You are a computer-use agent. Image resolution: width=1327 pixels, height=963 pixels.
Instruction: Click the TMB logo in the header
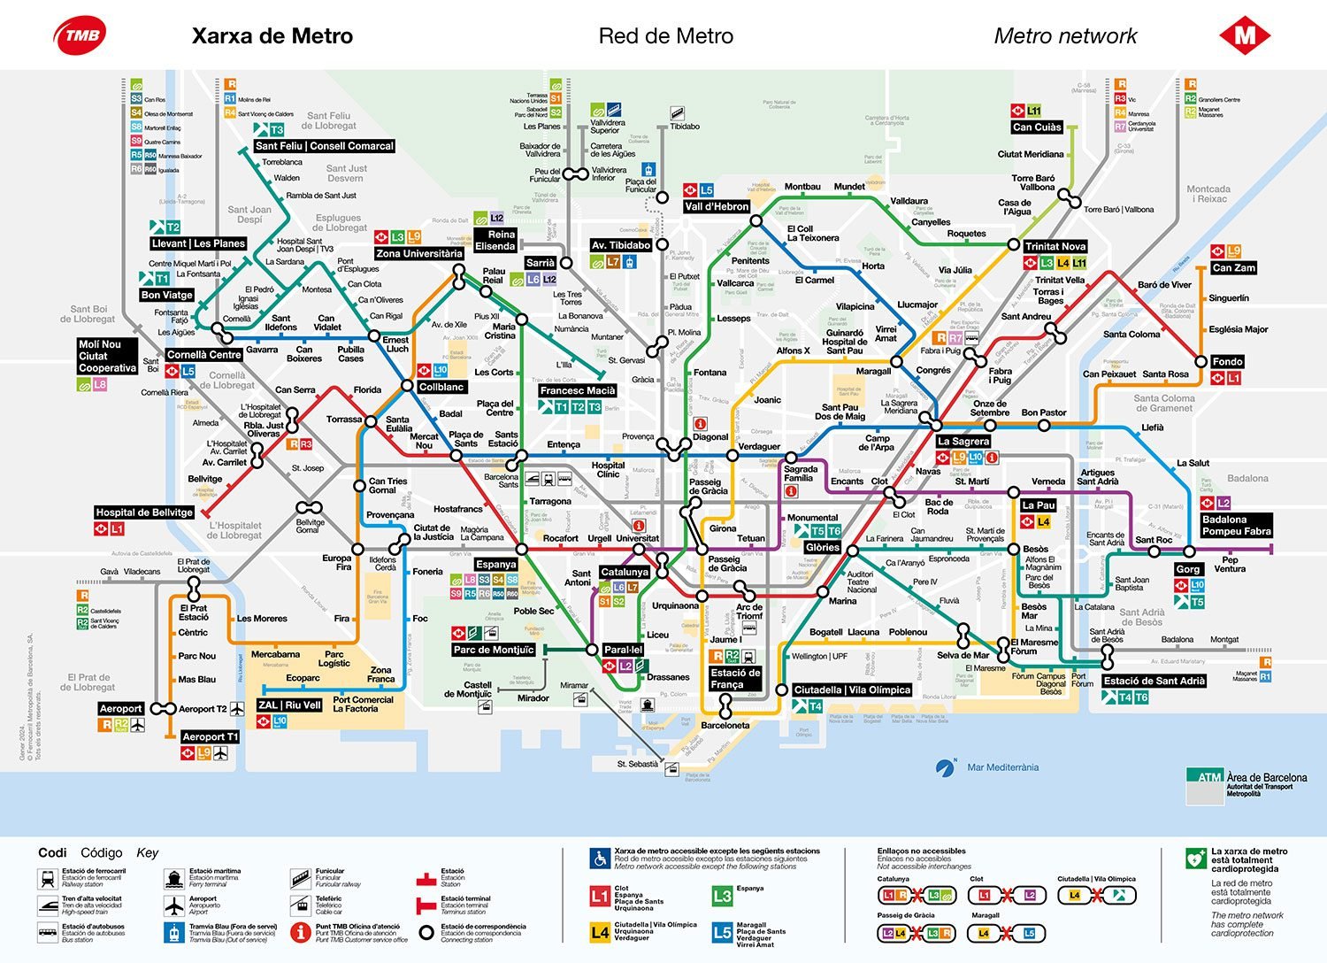coord(81,35)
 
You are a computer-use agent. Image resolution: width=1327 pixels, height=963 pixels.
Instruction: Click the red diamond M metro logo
coord(1245,35)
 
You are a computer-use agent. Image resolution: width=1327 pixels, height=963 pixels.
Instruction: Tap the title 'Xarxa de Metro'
coord(272,36)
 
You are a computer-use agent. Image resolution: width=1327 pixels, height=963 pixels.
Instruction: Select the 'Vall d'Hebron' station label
coord(717,206)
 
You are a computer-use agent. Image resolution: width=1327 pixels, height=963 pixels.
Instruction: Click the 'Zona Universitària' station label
coord(418,253)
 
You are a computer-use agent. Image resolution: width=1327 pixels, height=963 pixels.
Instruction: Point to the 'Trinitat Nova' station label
coord(1055,246)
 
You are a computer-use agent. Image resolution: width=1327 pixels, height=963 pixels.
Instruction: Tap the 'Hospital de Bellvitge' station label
coord(144,512)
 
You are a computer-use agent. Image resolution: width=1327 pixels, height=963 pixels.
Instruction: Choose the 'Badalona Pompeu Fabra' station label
coord(1236,526)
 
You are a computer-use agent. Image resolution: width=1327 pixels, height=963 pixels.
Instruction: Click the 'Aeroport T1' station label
coord(210,736)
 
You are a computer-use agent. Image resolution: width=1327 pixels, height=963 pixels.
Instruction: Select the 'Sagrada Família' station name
coord(800,474)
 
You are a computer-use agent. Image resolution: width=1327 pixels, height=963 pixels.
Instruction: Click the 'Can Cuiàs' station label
coord(1036,127)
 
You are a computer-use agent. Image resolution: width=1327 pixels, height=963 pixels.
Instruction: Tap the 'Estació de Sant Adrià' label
coord(1154,681)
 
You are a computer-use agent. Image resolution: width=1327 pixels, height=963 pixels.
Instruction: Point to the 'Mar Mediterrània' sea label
coord(1002,767)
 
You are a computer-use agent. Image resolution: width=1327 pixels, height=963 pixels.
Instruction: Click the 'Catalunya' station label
coord(625,572)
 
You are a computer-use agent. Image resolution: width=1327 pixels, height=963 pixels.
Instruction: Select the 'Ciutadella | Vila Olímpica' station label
coord(852,690)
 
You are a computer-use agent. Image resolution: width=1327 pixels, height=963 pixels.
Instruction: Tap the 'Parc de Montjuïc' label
coord(494,650)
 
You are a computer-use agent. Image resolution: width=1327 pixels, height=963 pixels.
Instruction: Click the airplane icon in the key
coord(174,905)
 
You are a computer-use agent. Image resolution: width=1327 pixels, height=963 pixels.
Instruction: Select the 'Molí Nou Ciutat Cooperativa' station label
coord(107,356)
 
